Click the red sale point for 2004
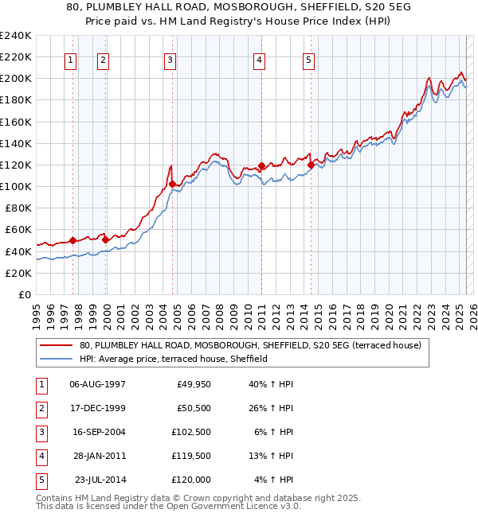pyautogui.click(x=173, y=184)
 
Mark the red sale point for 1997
pyautogui.click(x=72, y=240)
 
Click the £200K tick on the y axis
pyautogui.click(x=16, y=78)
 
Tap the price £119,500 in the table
pyautogui.click(x=191, y=456)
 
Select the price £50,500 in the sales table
pyautogui.click(x=191, y=407)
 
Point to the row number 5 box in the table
pyautogui.click(x=40, y=480)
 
